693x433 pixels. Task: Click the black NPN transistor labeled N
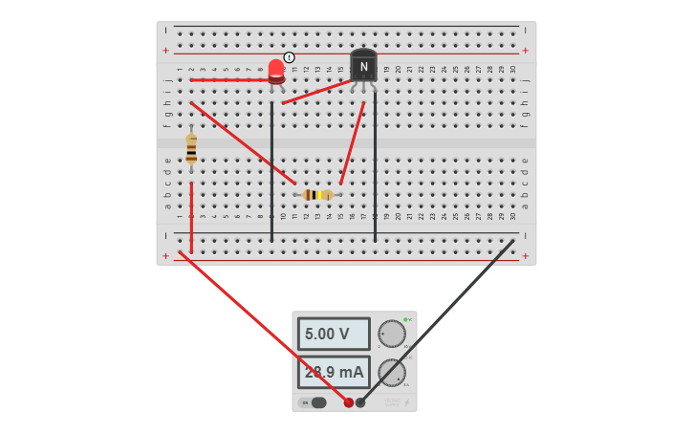click(363, 66)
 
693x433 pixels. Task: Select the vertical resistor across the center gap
click(191, 149)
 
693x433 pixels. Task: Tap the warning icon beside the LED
click(290, 57)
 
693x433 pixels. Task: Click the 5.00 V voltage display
click(334, 334)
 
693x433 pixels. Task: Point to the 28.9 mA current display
click(334, 372)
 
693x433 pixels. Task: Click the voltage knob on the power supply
click(391, 334)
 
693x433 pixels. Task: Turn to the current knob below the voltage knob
click(391, 372)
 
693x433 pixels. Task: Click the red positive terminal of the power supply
click(349, 402)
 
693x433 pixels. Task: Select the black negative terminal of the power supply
click(360, 402)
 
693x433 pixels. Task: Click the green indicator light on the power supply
click(405, 319)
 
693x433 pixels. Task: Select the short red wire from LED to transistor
click(315, 92)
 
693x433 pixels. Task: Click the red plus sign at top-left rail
click(165, 51)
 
